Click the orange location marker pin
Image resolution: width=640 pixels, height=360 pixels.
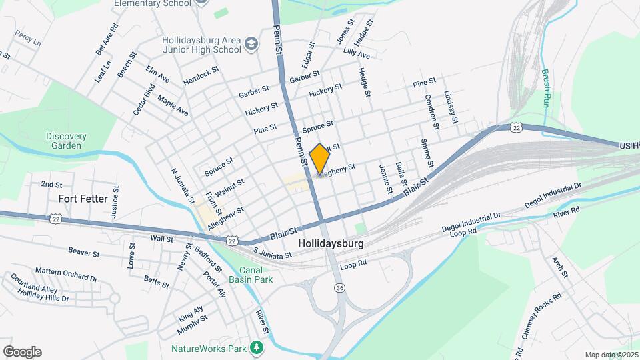point(320,159)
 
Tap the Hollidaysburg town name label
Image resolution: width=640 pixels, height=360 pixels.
point(332,244)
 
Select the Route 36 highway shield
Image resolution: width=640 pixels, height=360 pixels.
point(339,287)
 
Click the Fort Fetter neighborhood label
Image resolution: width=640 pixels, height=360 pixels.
point(83,198)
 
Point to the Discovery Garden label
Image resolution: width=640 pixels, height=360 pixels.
point(67,141)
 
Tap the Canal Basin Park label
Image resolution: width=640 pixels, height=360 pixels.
point(256,275)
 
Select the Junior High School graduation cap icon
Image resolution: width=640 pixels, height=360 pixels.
point(251,45)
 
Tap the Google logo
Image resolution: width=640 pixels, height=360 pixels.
point(22,352)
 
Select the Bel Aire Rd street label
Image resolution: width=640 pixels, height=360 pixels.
point(106,39)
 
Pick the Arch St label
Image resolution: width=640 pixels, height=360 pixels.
point(559,266)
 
